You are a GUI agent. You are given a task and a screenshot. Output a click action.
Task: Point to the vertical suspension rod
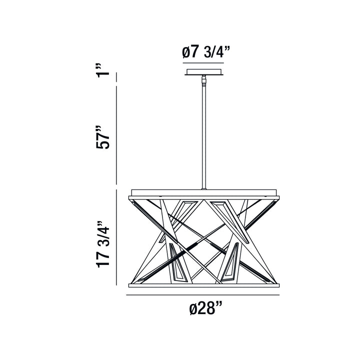[x=203, y=135]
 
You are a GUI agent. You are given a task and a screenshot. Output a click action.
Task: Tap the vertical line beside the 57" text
[x=116, y=135]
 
